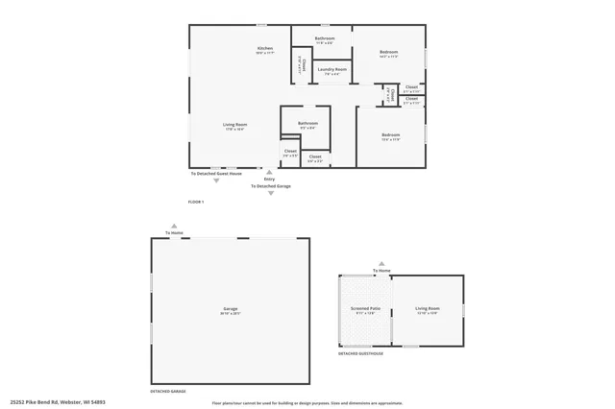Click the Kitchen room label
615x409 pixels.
[265, 48]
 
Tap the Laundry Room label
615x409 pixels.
[332, 69]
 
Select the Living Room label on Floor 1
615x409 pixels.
[234, 125]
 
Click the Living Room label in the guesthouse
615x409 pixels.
[427, 309]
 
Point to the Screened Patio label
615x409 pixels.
[365, 309]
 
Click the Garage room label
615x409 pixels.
[231, 309]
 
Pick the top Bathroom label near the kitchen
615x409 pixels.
[325, 39]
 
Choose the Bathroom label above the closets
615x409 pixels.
[307, 123]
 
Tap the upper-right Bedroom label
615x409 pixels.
[388, 52]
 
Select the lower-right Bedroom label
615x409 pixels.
[390, 134]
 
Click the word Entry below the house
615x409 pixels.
[269, 179]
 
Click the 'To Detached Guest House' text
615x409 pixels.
[216, 173]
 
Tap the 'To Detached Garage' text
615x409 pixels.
[271, 186]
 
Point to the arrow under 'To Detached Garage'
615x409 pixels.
[271, 193]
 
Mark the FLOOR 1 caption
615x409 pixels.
[196, 202]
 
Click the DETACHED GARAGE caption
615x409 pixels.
[167, 391]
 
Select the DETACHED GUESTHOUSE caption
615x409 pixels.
[360, 353]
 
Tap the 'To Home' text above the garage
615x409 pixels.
[174, 233]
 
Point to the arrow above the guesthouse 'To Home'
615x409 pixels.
[381, 263]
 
